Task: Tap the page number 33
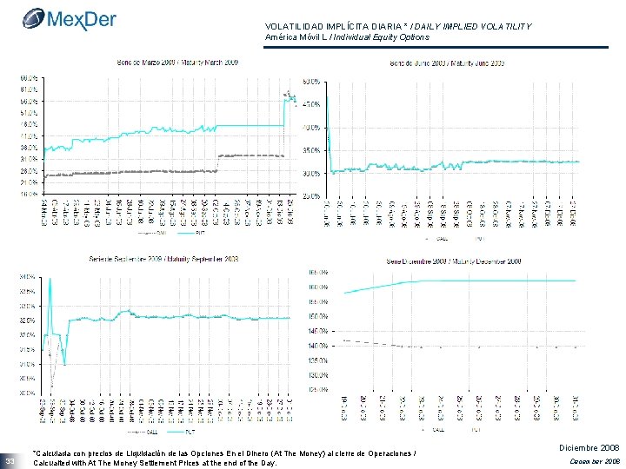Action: [x=10, y=459]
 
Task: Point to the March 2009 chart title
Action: [x=178, y=63]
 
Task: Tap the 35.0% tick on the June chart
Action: [x=310, y=150]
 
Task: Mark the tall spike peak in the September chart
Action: [x=50, y=280]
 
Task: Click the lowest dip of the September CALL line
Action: [x=52, y=385]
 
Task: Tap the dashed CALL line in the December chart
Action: [x=374, y=343]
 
